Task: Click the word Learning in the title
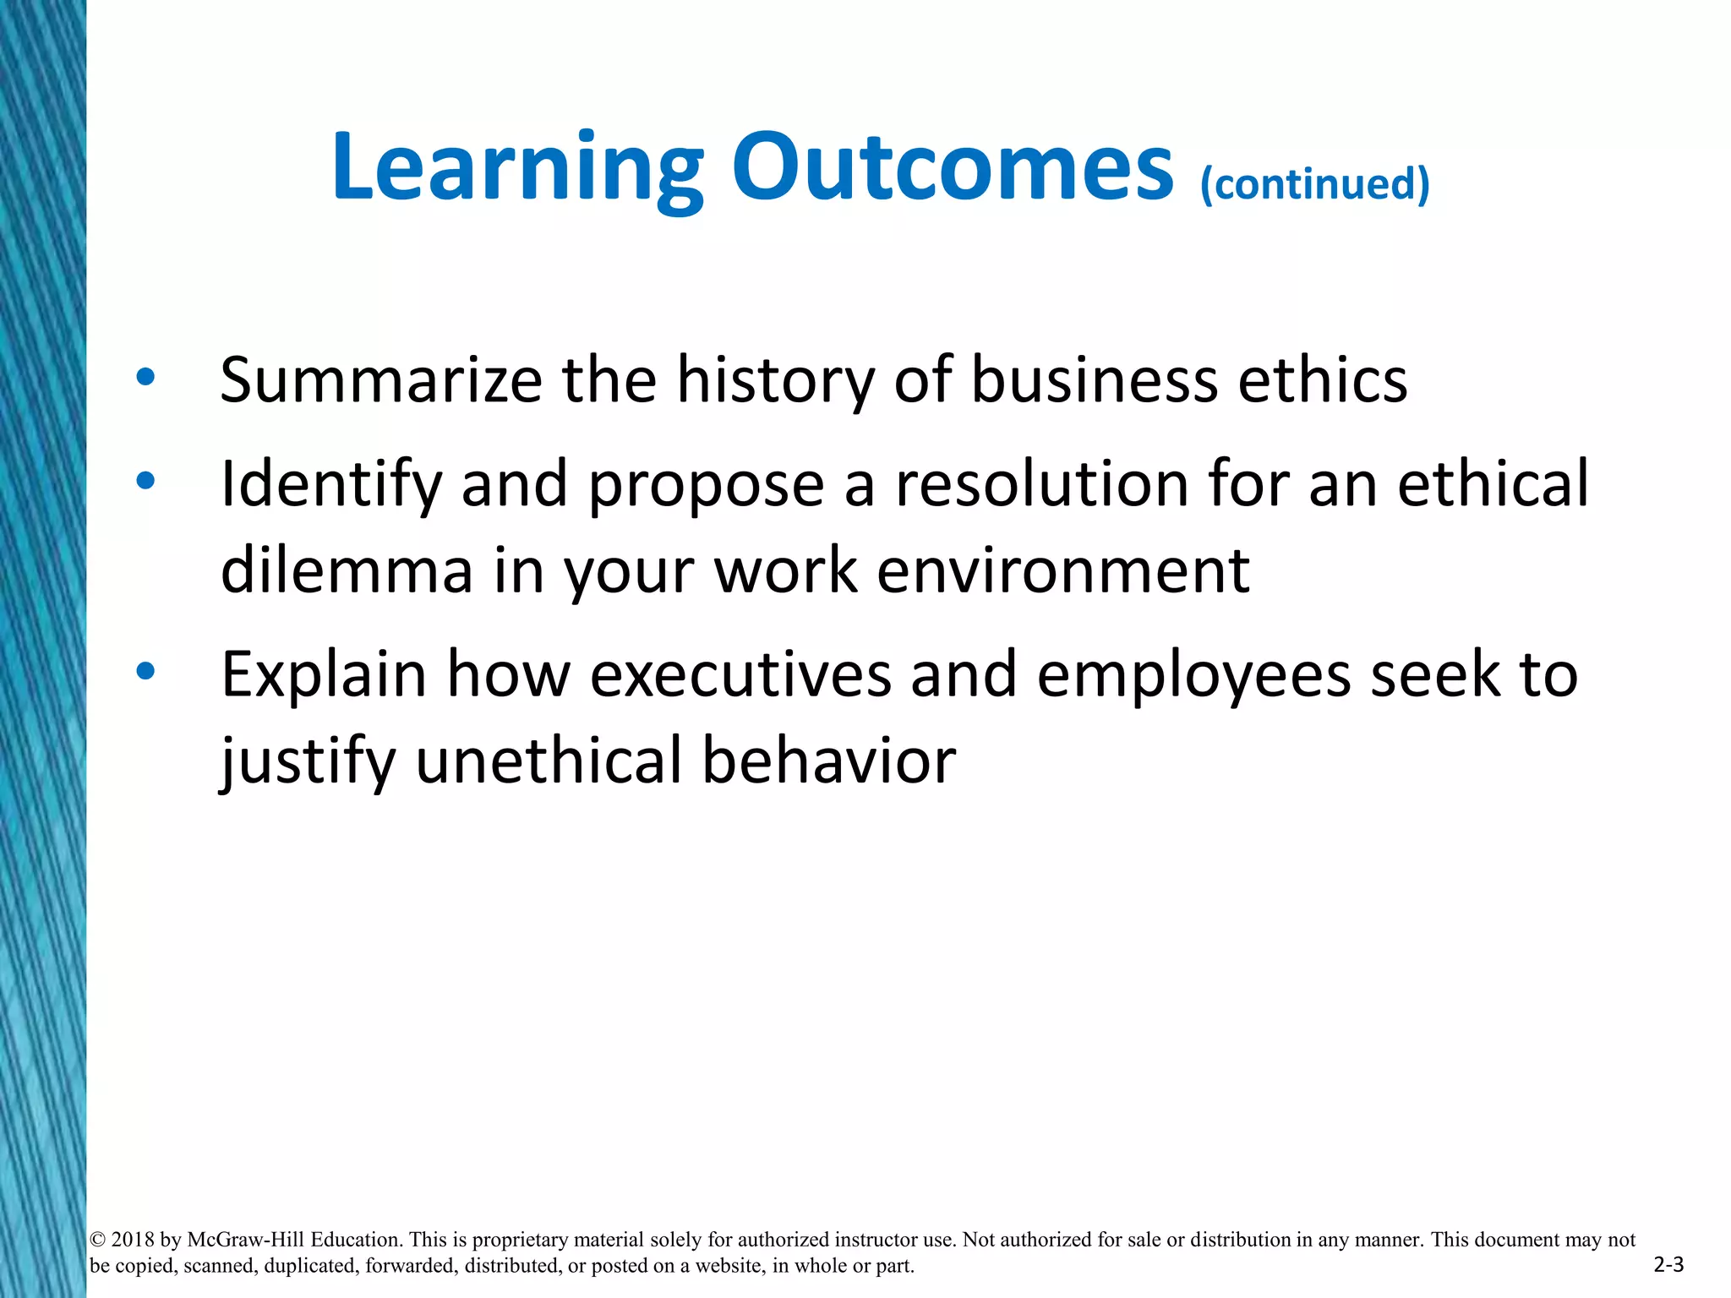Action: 517,168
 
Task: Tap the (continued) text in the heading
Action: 1314,183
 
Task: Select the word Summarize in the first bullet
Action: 381,380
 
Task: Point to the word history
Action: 775,380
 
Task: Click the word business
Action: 1094,380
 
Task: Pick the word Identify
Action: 330,485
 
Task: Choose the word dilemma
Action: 346,570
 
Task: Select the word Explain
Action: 324,675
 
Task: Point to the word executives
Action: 740,675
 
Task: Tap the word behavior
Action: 828,760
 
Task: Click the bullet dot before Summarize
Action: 145,378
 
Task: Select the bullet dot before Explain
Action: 145,671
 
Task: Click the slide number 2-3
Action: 1668,1265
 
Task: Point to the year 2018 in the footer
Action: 134,1240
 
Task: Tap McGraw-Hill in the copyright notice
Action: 245,1240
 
